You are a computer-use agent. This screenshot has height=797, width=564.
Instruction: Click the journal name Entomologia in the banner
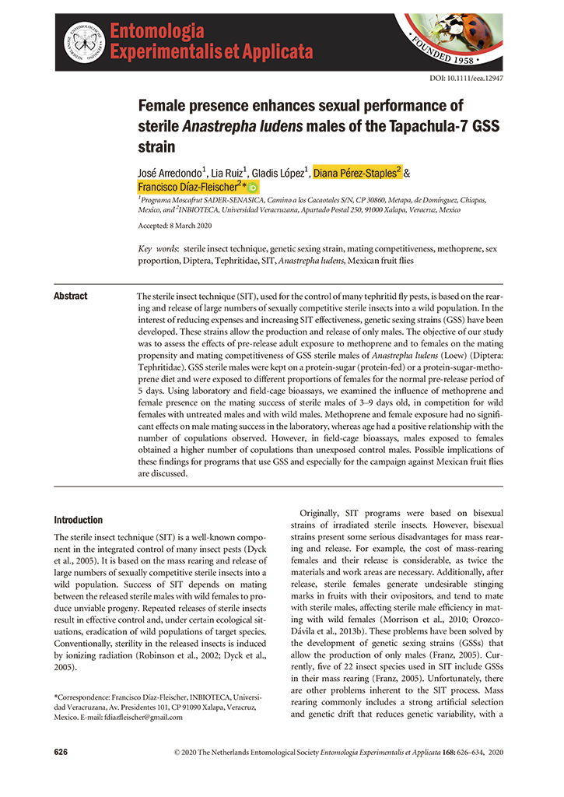pos(157,32)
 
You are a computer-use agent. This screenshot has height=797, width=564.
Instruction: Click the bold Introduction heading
pos(78,520)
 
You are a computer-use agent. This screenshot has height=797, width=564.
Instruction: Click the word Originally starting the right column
pos(327,514)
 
